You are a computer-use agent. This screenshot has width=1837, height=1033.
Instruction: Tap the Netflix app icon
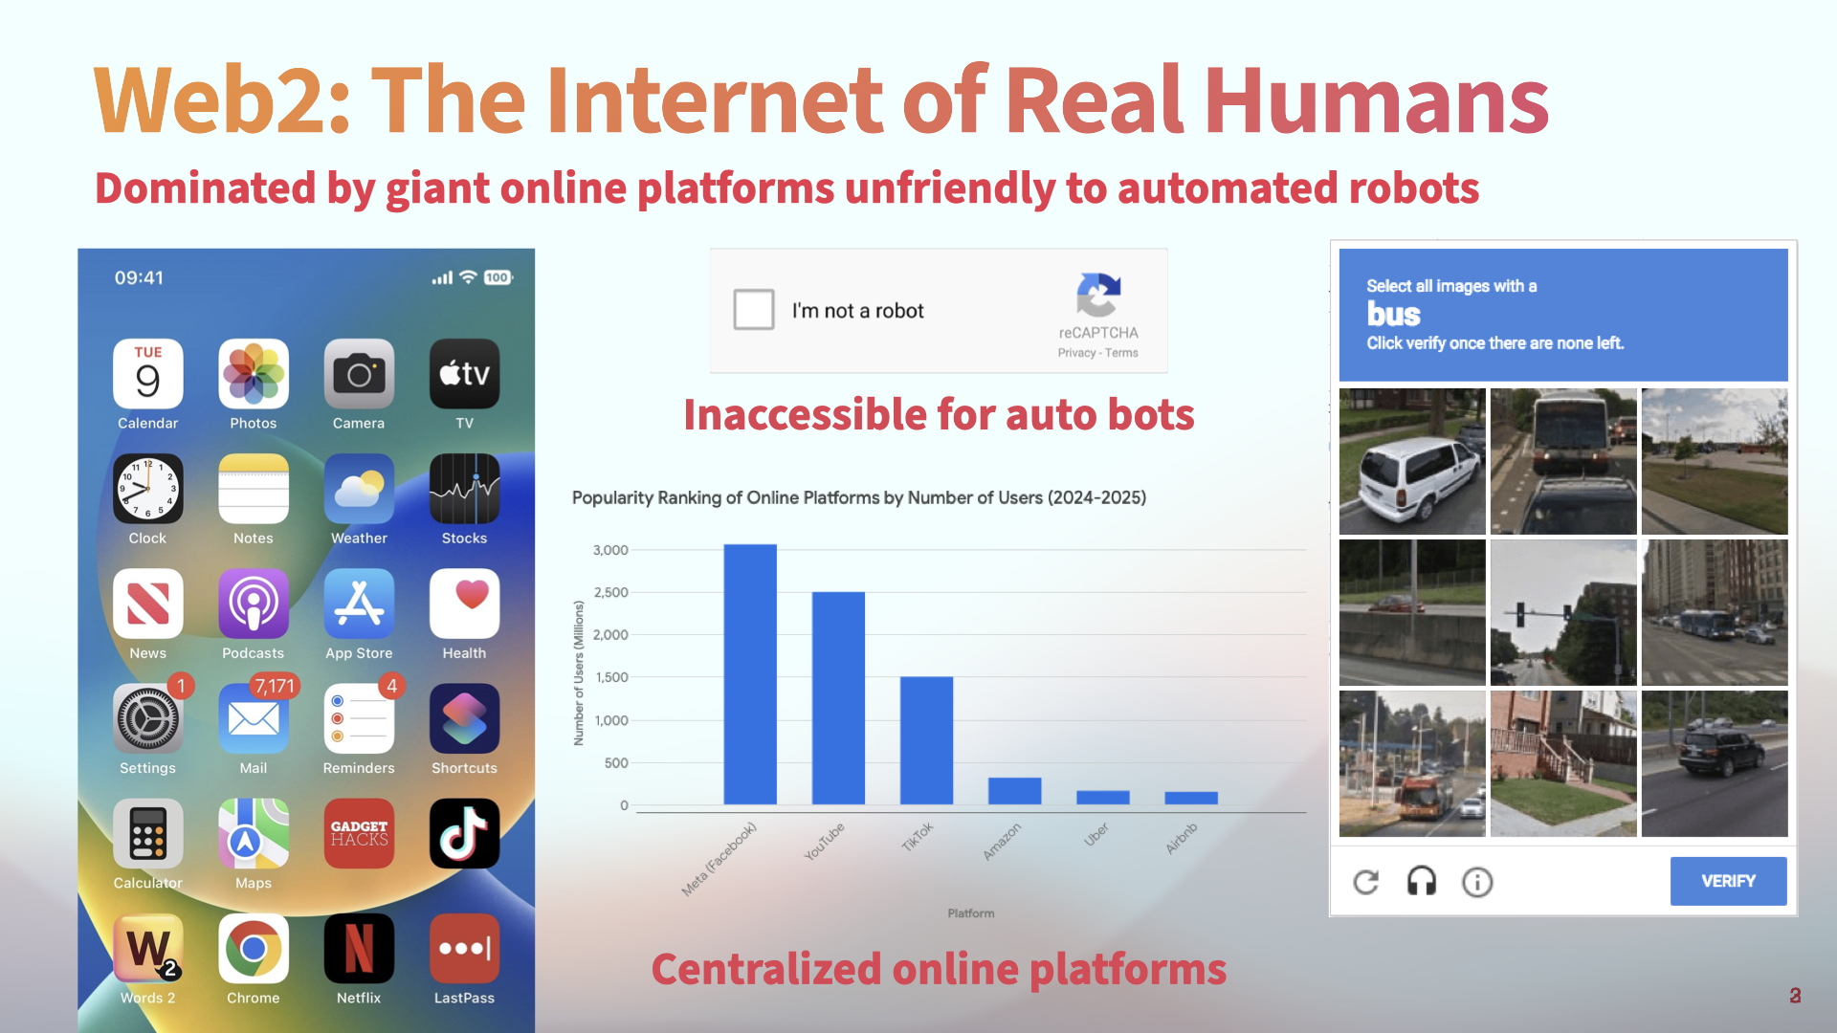359,948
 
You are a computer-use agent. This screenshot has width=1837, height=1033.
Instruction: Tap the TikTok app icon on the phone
464,833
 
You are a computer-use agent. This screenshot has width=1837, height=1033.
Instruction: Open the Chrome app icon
253,948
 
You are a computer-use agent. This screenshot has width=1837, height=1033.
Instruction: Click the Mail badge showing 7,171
275,686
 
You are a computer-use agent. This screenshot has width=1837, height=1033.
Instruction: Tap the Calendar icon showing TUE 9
147,374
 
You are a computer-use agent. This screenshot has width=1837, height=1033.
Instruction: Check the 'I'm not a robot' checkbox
754,309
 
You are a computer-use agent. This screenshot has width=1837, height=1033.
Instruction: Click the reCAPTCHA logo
1098,295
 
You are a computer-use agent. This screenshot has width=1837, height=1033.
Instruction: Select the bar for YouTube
838,698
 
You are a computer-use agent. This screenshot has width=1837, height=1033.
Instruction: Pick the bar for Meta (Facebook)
750,674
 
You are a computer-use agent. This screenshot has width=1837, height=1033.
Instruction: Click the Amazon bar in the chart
1014,791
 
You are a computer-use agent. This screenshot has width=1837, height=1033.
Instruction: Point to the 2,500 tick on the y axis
610,592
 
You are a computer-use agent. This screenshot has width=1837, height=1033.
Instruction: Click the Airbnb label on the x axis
1182,838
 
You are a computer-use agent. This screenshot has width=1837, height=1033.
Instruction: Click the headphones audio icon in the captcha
1422,881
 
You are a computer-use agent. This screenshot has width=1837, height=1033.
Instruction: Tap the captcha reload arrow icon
1366,882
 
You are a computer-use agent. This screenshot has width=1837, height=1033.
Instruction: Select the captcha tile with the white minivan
1412,461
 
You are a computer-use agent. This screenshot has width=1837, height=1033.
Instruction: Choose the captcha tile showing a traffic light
1563,612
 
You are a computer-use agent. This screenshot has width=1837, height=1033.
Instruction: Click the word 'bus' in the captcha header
1393,314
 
